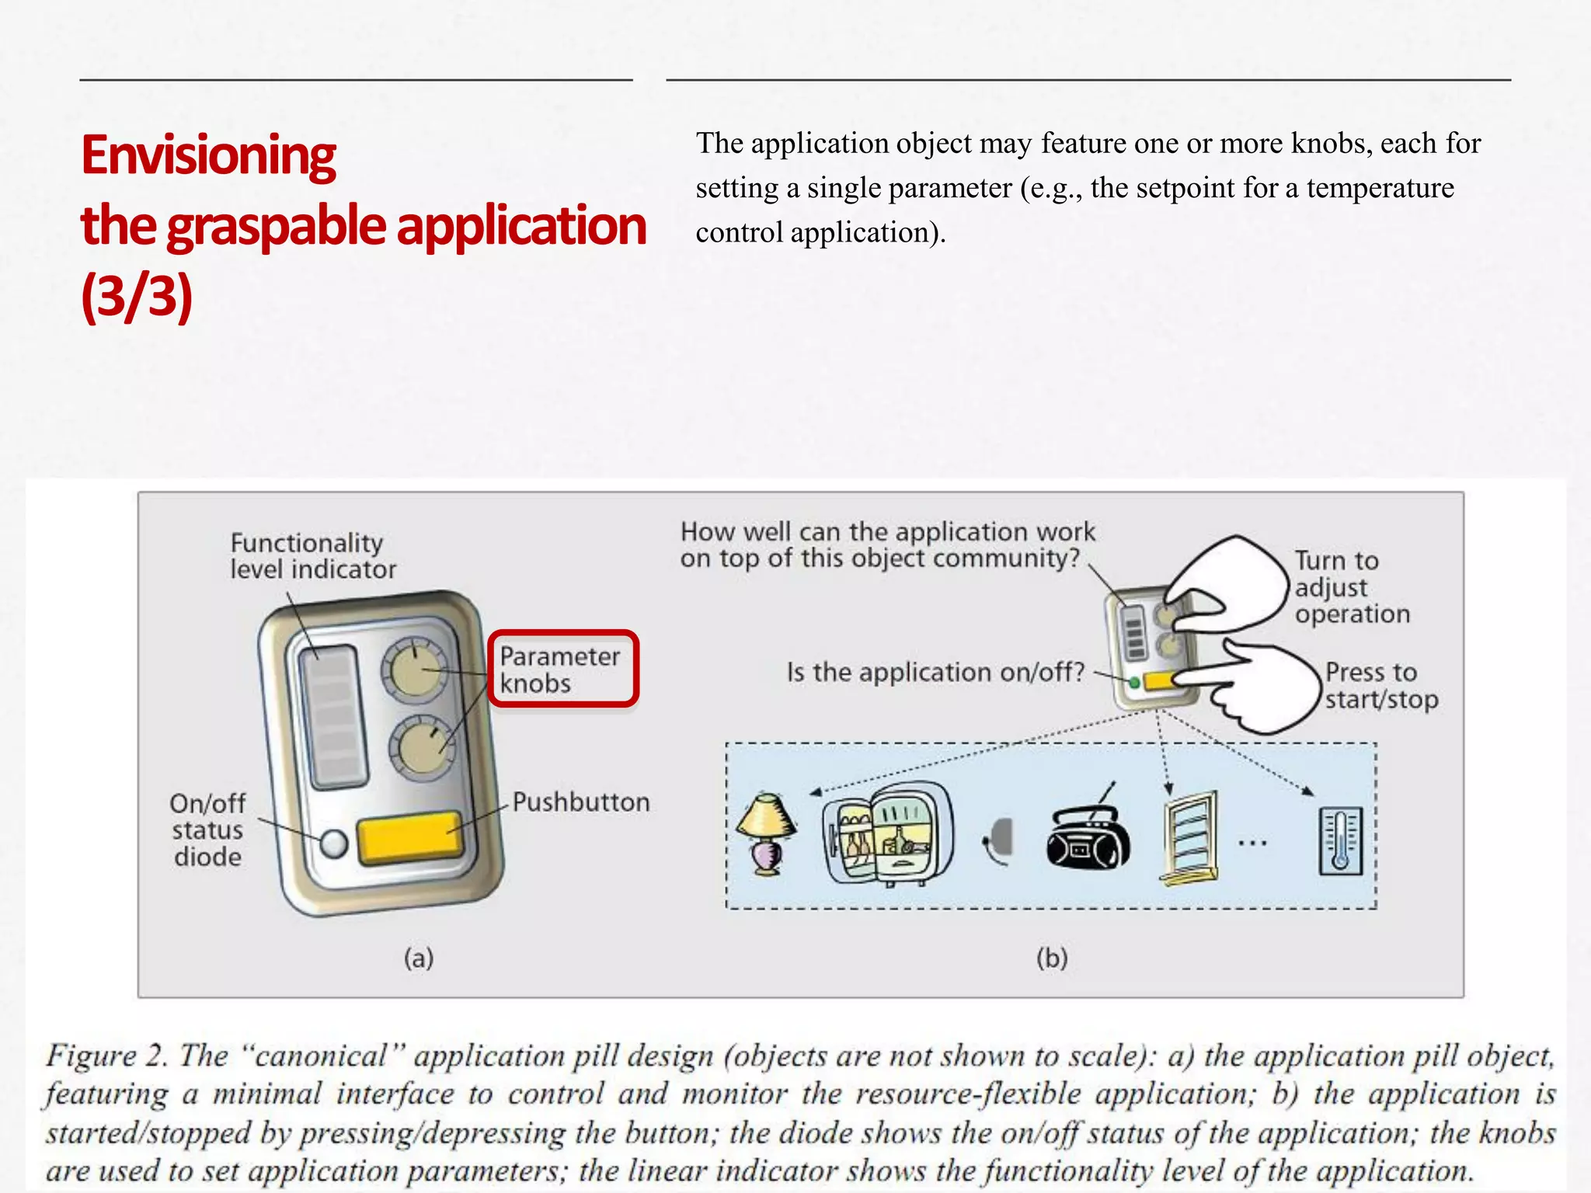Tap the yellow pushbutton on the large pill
click(409, 837)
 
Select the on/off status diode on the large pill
click(334, 843)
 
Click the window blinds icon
click(1189, 837)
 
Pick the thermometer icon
click(1341, 841)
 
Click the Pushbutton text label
click(581, 802)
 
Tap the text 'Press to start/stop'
click(1380, 686)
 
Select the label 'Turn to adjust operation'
click(1351, 587)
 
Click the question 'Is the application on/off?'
click(935, 672)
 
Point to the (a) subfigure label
click(419, 958)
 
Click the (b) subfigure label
click(1052, 958)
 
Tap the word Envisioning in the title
click(209, 155)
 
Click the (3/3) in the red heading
click(137, 296)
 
